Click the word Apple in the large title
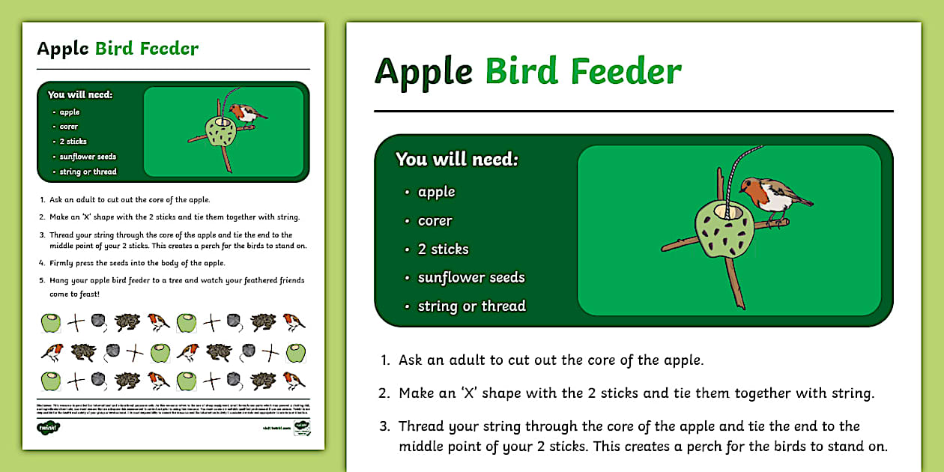pos(423,72)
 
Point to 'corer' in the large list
pos(435,221)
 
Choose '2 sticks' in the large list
pos(443,249)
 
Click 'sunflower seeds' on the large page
pos(471,278)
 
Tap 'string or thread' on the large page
pos(471,306)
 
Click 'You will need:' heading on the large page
pos(456,160)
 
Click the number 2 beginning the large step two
pos(384,393)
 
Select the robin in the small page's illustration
pos(246,113)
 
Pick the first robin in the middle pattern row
pos(51,352)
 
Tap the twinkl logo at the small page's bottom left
pos(48,428)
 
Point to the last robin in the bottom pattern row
pos(292,381)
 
